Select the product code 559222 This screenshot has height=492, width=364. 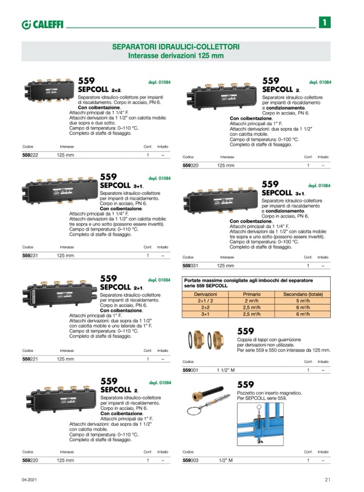point(31,154)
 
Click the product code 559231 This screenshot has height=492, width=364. point(31,255)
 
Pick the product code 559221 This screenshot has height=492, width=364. point(31,359)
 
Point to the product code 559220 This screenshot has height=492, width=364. point(31,460)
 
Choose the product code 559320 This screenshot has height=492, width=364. point(191,165)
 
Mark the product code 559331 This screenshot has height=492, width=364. point(191,266)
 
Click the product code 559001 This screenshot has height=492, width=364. point(191,370)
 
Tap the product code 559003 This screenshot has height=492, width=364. point(191,460)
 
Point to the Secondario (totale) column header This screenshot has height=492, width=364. point(302,294)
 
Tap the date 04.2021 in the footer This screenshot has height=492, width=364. point(29,480)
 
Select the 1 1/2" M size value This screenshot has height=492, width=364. point(226,370)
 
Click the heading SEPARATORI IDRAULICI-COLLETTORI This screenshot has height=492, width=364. point(176,47)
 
